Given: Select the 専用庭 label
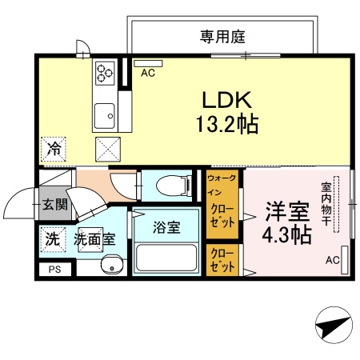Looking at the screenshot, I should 222,36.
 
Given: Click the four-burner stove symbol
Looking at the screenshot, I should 106,73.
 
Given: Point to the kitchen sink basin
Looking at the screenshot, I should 104,117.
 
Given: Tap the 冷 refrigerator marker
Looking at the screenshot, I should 54,148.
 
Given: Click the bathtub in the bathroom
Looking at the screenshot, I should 166,258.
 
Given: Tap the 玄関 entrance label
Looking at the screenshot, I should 55,206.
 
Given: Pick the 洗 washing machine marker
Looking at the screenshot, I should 53,238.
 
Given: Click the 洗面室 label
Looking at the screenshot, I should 95,238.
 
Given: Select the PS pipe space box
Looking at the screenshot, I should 54,270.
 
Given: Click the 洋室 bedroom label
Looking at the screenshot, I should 286,213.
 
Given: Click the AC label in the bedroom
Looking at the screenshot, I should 332,261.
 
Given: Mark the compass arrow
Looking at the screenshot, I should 334,326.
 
